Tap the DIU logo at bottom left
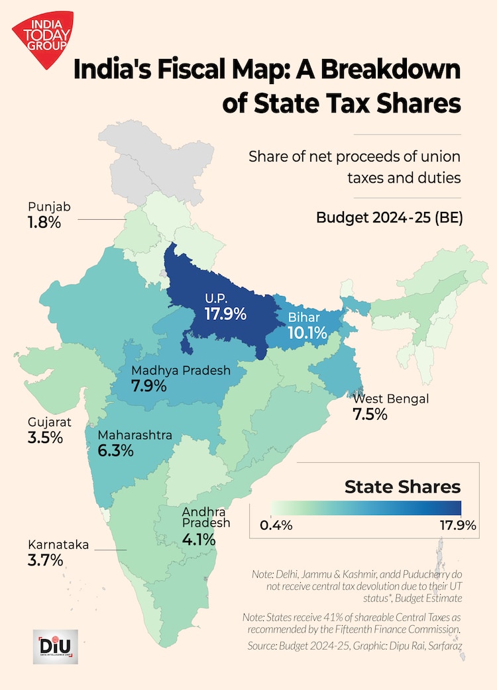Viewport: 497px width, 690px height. (55, 646)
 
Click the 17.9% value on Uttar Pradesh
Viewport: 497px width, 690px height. (225, 313)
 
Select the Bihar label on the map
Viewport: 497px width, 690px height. (304, 318)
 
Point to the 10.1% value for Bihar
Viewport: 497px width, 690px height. (307, 333)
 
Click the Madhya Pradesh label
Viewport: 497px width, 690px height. (180, 370)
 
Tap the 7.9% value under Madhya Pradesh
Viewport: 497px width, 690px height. (149, 386)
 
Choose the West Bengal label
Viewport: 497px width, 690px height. (390, 399)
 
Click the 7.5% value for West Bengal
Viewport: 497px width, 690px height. (370, 415)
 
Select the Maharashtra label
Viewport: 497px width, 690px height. (135, 435)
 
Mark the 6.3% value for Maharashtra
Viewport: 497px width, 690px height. (116, 451)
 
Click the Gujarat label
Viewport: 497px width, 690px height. (49, 422)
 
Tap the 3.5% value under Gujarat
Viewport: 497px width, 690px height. (45, 438)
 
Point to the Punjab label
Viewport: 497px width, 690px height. (49, 207)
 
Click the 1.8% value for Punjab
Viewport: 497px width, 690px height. (44, 222)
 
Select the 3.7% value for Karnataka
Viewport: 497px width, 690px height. (45, 560)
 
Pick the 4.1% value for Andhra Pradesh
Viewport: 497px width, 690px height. (199, 540)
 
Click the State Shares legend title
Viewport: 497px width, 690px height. (402, 487)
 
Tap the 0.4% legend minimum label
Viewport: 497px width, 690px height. (276, 526)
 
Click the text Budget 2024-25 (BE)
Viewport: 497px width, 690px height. (389, 217)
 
